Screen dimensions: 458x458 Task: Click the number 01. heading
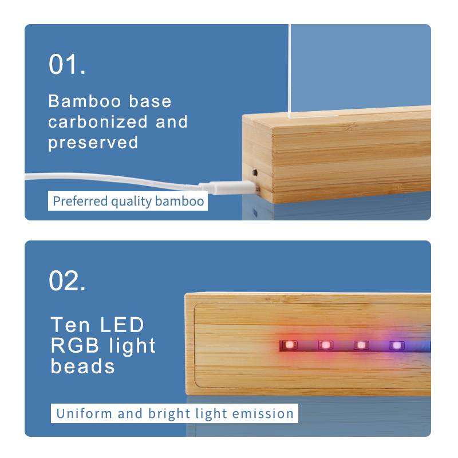(x=67, y=65)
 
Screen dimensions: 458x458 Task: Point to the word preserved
(x=93, y=142)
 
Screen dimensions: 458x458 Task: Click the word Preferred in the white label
(x=80, y=202)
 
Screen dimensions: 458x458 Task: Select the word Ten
(x=70, y=325)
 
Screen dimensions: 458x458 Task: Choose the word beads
(x=82, y=366)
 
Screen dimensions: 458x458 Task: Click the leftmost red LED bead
(x=289, y=345)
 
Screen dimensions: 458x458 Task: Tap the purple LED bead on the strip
(x=396, y=345)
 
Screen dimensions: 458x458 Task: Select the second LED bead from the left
(x=325, y=345)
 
